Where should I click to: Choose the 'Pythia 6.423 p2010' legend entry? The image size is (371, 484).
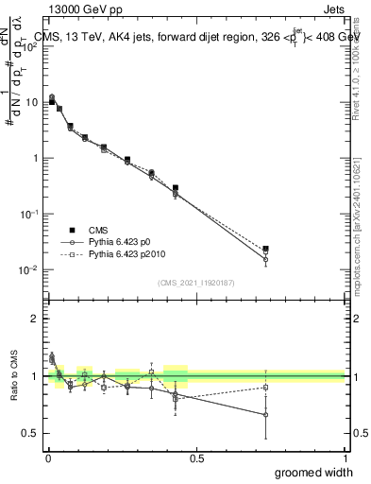tap(122, 254)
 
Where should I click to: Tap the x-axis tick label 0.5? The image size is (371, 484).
tap(196, 458)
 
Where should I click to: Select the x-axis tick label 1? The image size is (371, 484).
tap(345, 458)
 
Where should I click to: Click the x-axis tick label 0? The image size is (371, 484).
tap(48, 458)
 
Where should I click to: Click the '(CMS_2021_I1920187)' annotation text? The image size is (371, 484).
tap(196, 282)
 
